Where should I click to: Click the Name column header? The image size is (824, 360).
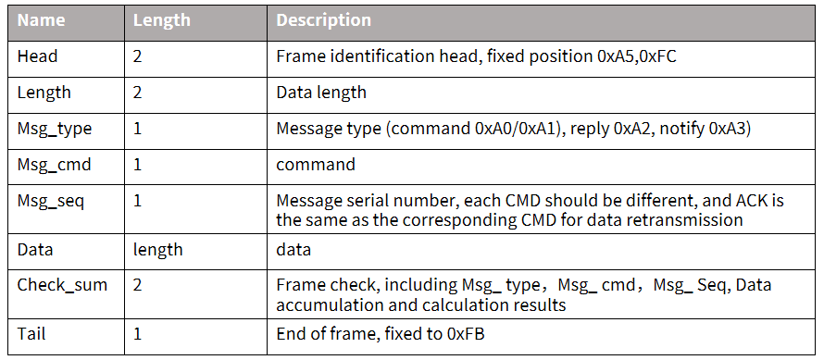41,20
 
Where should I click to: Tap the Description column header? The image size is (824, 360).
324,20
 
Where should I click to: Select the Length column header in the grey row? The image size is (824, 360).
160,21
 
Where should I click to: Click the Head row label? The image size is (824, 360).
37,56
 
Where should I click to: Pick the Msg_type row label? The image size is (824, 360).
55,129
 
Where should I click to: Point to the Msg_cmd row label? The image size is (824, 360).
54,165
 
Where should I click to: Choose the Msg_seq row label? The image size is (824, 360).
50,201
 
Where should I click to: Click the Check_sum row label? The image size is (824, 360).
63,285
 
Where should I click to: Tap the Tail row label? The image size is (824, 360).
32,334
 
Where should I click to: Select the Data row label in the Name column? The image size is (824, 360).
35,249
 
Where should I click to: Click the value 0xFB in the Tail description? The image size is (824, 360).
465,334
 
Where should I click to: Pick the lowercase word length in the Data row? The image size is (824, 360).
157,250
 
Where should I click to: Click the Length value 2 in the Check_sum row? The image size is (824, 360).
137,285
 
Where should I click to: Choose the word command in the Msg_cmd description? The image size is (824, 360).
316,165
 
